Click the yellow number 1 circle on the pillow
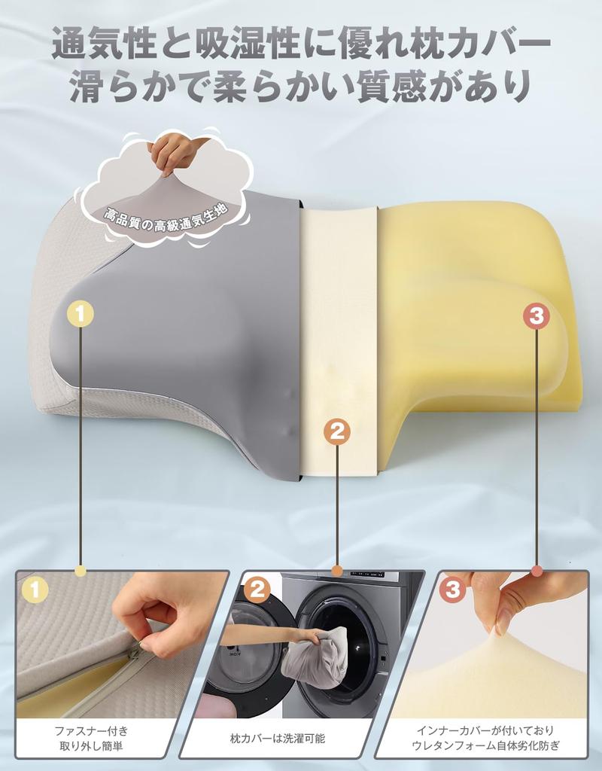click(x=81, y=313)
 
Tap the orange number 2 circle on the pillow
click(x=337, y=432)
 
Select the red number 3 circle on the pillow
click(x=536, y=315)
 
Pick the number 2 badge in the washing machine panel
click(x=257, y=589)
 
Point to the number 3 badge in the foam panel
click(x=452, y=589)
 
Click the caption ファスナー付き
click(x=91, y=730)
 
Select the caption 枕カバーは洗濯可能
click(x=278, y=738)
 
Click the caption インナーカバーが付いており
click(x=485, y=730)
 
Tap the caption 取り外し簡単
click(x=91, y=746)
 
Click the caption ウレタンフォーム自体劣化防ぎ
click(x=485, y=745)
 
